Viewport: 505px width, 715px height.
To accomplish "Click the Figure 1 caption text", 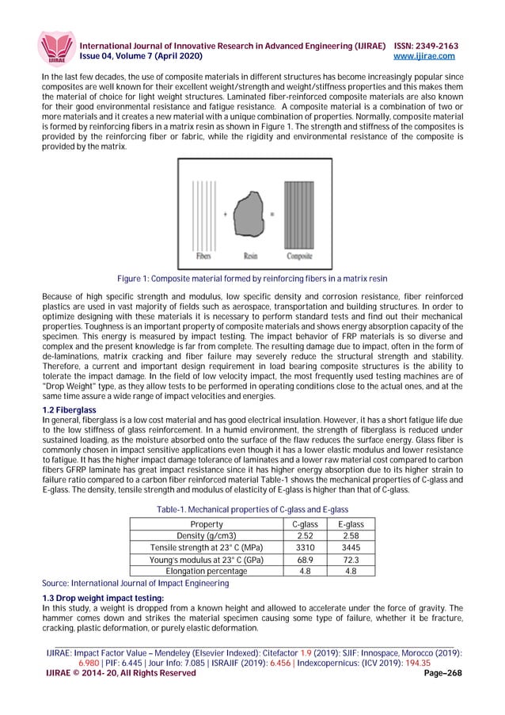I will coord(252,279).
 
